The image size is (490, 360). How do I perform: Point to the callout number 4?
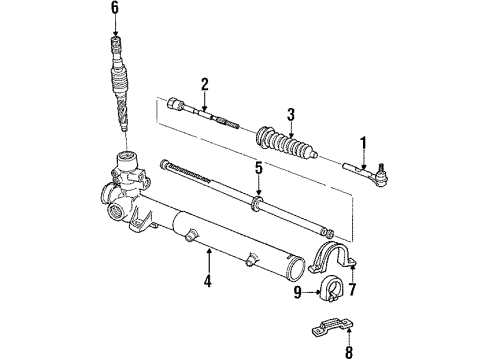point(207,281)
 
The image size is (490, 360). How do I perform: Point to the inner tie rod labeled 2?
point(205,115)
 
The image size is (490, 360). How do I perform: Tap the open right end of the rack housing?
point(298,265)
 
